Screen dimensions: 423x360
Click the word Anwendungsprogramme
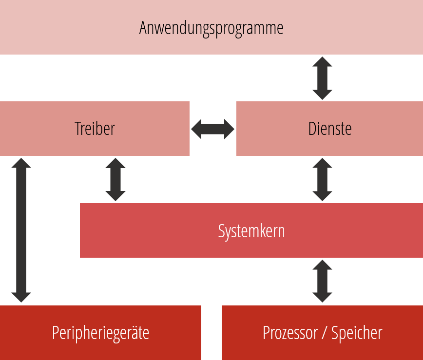tap(211, 29)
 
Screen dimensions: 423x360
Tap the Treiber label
tap(95, 129)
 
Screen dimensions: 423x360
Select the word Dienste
tap(329, 129)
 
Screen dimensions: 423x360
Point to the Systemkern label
tap(251, 231)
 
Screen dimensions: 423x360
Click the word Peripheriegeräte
tap(100, 333)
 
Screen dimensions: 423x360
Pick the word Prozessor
tap(290, 333)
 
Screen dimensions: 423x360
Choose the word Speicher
tap(357, 333)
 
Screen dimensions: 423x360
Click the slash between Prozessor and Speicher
tap(324, 333)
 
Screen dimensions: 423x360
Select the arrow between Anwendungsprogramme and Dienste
tap(322, 78)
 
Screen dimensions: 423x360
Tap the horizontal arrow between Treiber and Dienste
tap(212, 129)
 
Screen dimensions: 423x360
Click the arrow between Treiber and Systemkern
tap(115, 180)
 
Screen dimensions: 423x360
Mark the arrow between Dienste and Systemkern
tap(322, 180)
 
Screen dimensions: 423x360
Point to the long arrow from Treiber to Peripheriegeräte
tap(21, 230)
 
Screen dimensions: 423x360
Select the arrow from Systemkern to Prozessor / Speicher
tap(322, 281)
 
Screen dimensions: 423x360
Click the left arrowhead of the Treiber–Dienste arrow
tap(196, 129)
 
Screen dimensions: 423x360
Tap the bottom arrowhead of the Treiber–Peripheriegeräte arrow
tap(21, 298)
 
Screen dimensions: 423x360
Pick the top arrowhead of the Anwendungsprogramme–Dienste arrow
tap(322, 62)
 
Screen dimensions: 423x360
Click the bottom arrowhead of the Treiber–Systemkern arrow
tap(115, 196)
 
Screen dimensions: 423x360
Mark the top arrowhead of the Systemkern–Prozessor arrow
tap(322, 265)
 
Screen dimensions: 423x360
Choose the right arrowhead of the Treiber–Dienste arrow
tap(229, 129)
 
